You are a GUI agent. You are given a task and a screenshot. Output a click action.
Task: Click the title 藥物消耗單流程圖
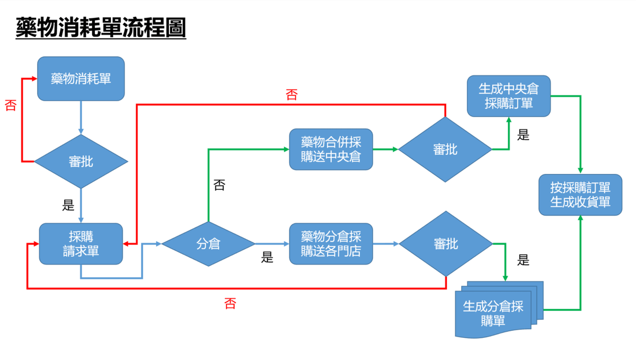click(101, 28)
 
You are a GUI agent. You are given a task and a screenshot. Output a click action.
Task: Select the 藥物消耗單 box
click(81, 79)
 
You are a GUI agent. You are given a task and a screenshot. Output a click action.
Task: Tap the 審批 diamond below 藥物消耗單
click(81, 161)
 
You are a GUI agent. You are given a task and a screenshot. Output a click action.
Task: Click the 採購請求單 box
click(81, 244)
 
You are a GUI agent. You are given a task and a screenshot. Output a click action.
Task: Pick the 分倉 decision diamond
click(208, 244)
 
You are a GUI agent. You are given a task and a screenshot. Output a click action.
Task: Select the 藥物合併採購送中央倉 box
click(331, 150)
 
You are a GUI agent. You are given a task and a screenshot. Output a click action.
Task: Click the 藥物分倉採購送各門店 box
click(331, 244)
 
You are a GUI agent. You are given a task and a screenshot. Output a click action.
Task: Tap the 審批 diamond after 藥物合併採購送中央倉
click(445, 150)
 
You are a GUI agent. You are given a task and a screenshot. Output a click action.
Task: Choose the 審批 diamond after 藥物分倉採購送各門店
click(445, 244)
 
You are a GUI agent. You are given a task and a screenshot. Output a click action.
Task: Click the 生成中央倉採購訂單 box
click(509, 96)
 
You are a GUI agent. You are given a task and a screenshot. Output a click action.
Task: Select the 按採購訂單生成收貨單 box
click(580, 195)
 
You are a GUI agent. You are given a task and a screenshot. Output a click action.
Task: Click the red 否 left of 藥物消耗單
click(11, 105)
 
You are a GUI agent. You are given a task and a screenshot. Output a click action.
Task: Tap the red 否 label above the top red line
click(291, 95)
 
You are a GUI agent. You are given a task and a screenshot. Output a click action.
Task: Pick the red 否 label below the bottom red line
click(230, 304)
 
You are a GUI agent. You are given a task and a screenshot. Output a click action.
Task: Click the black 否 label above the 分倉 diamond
click(219, 185)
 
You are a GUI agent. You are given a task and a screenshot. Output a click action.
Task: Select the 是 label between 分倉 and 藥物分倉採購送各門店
click(267, 258)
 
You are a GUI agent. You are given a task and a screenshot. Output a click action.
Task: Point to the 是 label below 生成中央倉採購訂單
click(523, 135)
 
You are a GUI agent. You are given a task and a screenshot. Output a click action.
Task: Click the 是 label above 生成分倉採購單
click(523, 260)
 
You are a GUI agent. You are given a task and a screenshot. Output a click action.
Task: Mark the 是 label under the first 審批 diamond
click(68, 206)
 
